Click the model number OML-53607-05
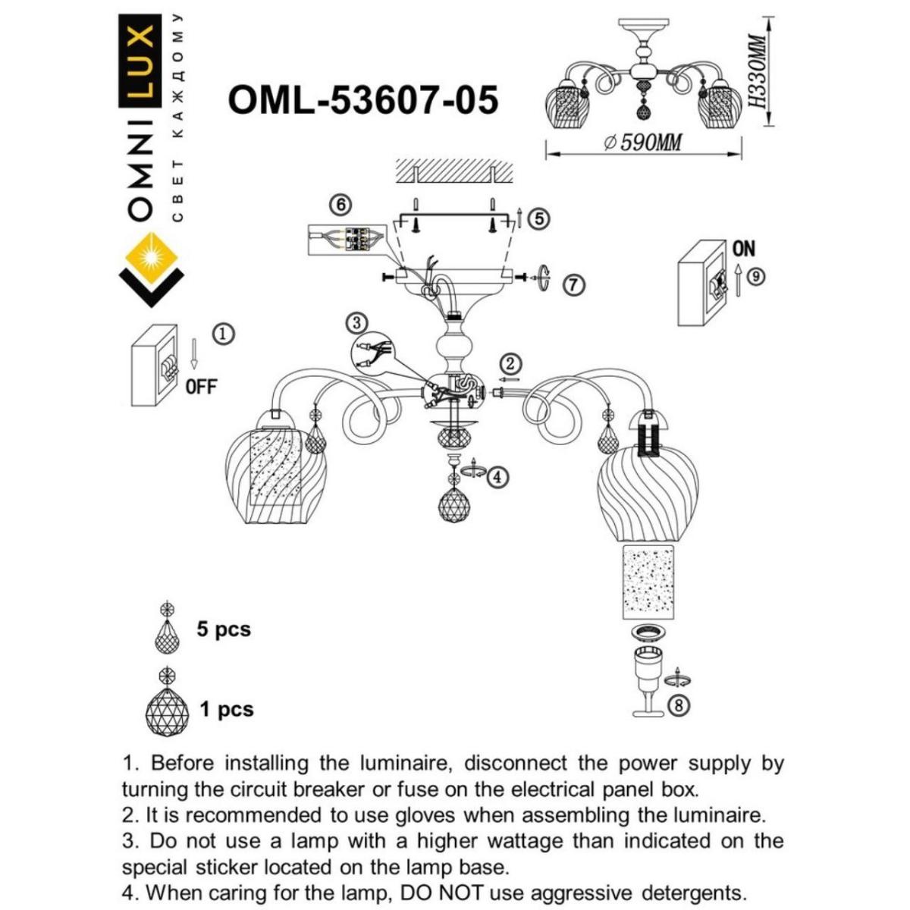[x=363, y=99]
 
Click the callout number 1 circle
[x=223, y=333]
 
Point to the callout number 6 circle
[x=341, y=205]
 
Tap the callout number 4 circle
[x=497, y=477]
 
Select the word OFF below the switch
[x=201, y=386]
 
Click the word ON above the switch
[x=743, y=249]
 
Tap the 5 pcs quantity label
[x=223, y=629]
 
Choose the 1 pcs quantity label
[x=226, y=710]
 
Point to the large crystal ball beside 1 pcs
[x=168, y=711]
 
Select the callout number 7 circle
[x=574, y=285]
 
